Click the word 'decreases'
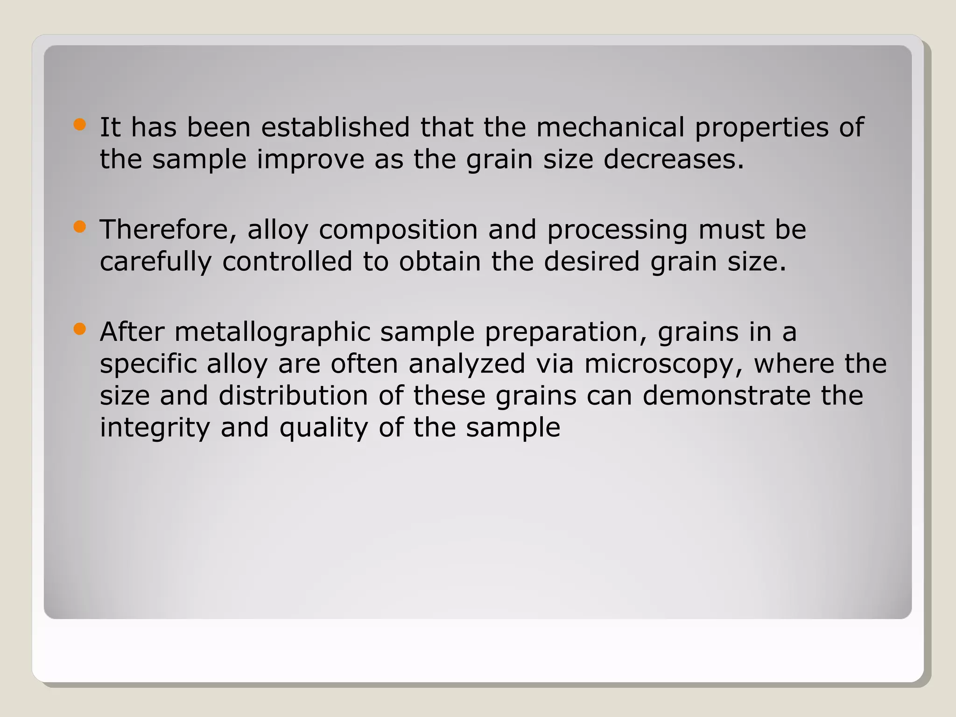point(670,159)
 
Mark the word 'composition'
point(398,231)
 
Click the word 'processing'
point(617,231)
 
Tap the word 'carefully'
point(155,262)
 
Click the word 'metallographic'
point(272,333)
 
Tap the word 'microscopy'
point(663,365)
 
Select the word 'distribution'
point(293,395)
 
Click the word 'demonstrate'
point(726,395)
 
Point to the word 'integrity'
point(155,428)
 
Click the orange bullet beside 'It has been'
point(80,125)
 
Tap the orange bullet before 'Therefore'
point(80,227)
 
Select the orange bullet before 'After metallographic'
point(80,330)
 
